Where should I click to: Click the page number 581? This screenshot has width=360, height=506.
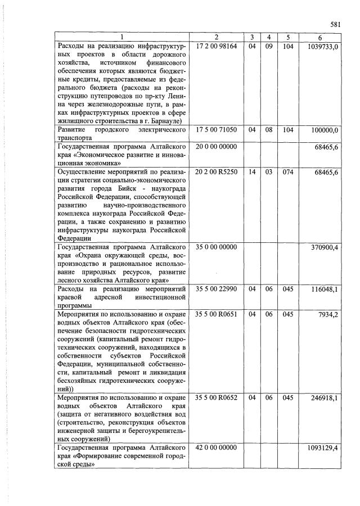pyautogui.click(x=336, y=25)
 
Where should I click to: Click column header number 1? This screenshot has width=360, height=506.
pyautogui.click(x=122, y=38)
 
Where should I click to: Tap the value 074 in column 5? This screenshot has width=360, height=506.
pyautogui.click(x=288, y=171)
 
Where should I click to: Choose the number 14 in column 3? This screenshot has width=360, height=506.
pyautogui.click(x=253, y=171)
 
